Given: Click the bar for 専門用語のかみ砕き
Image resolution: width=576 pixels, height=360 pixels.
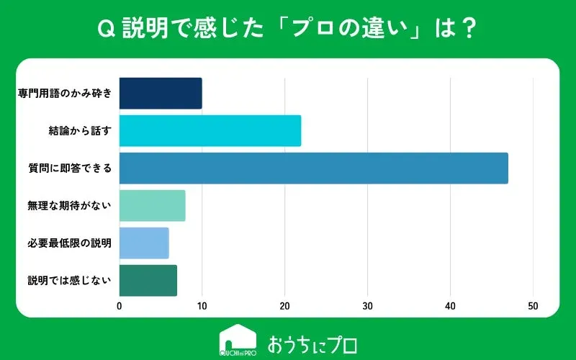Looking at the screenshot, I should click(x=161, y=94).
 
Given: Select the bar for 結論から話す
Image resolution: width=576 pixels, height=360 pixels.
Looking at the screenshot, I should click(x=210, y=131).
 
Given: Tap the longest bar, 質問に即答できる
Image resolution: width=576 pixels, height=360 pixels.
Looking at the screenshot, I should click(x=313, y=168).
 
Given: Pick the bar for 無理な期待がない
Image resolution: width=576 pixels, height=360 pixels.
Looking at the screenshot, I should click(x=152, y=206).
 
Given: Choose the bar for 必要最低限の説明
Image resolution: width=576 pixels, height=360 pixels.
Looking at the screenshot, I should click(x=144, y=243).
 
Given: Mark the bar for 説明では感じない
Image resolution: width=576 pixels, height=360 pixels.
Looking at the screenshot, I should click(x=148, y=281).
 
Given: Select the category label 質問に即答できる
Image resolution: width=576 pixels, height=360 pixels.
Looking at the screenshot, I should click(x=69, y=168).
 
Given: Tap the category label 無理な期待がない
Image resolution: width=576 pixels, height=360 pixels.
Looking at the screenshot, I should click(x=69, y=206).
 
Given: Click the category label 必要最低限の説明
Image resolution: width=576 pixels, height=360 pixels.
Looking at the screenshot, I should click(x=69, y=243).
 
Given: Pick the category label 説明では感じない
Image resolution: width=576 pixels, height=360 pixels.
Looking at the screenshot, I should click(x=69, y=281).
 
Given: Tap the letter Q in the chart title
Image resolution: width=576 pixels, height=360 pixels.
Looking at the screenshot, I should click(x=104, y=30).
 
